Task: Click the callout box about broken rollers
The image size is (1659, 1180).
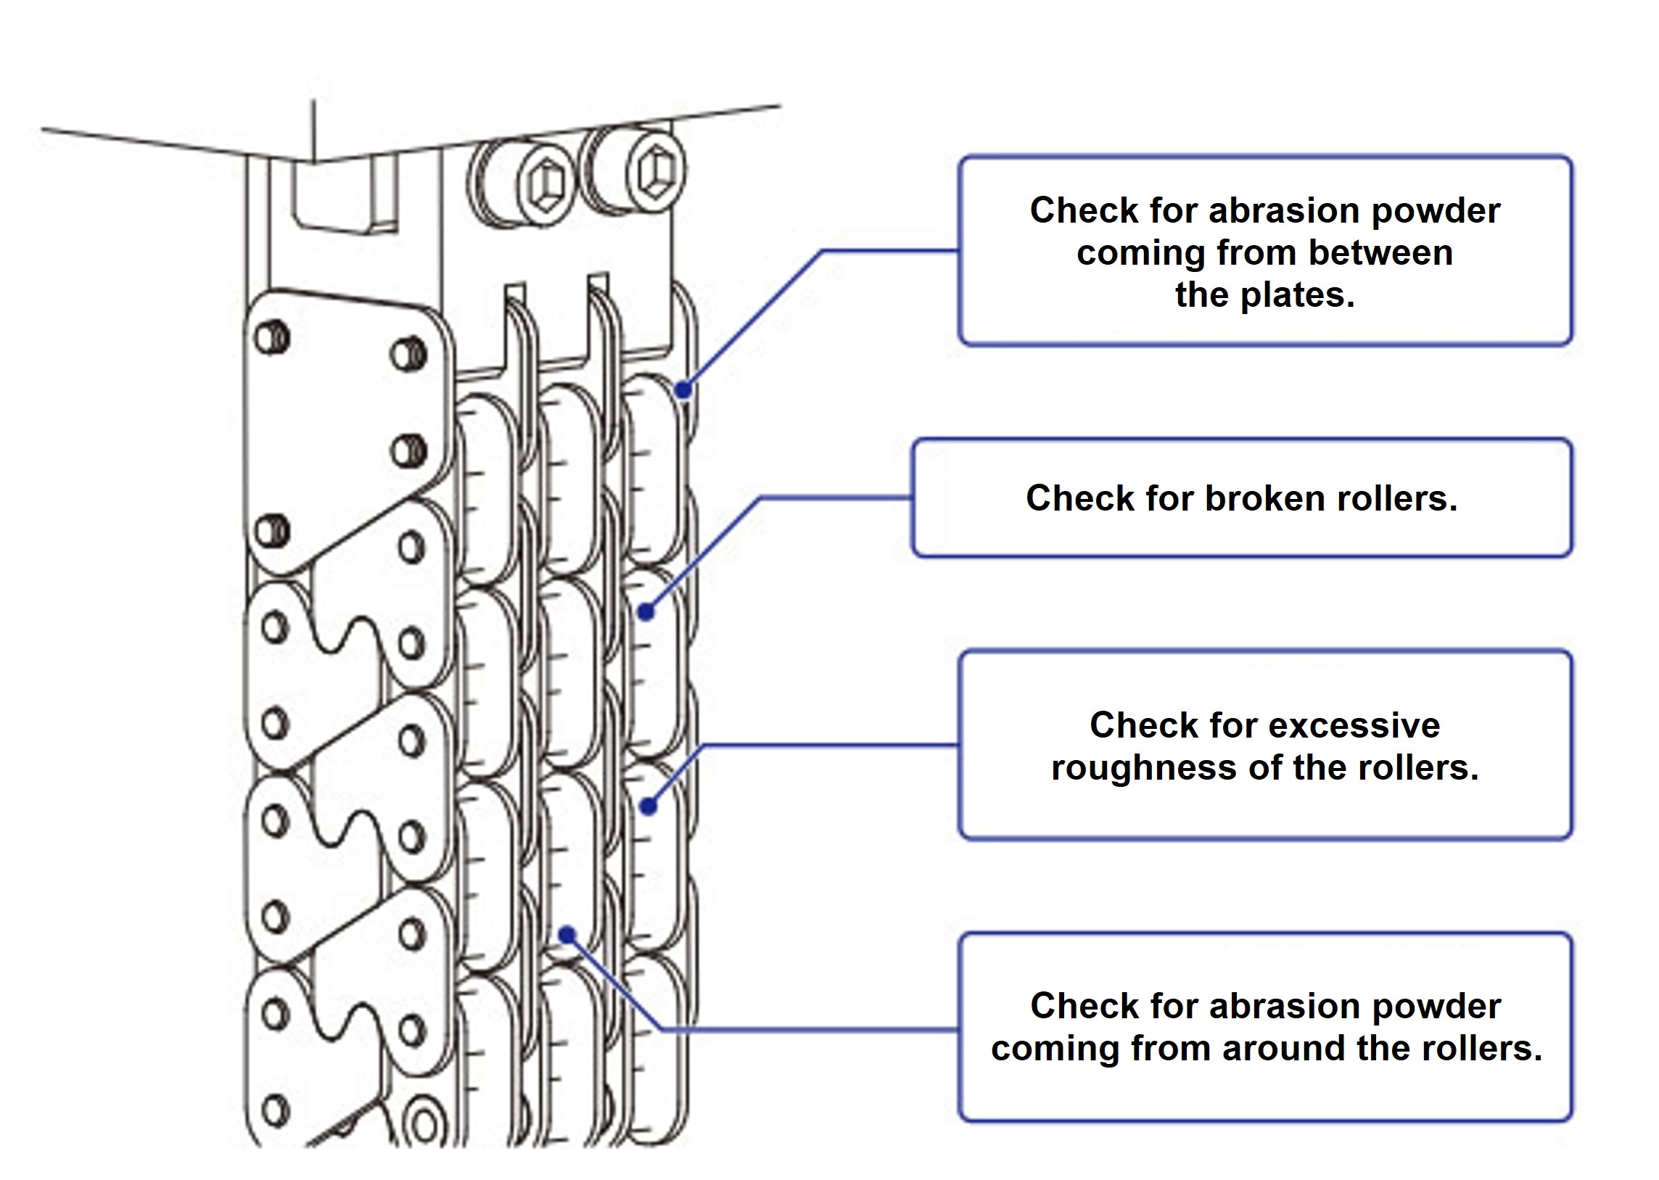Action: click(x=1241, y=498)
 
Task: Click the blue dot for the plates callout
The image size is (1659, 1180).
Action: click(x=683, y=390)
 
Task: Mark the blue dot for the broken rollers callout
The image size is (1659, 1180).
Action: click(x=646, y=612)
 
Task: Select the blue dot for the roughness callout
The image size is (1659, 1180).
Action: click(x=649, y=806)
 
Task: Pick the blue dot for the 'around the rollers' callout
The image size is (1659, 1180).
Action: click(x=567, y=934)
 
